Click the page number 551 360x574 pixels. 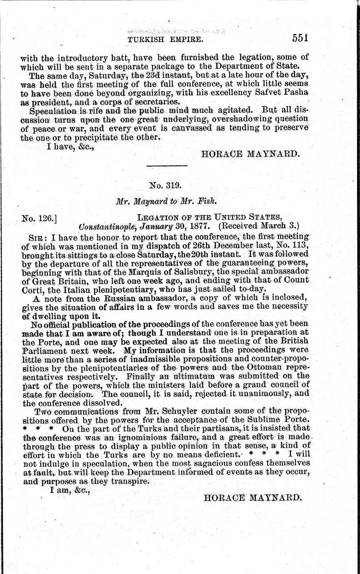tap(300, 38)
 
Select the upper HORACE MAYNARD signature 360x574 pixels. tap(249, 154)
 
